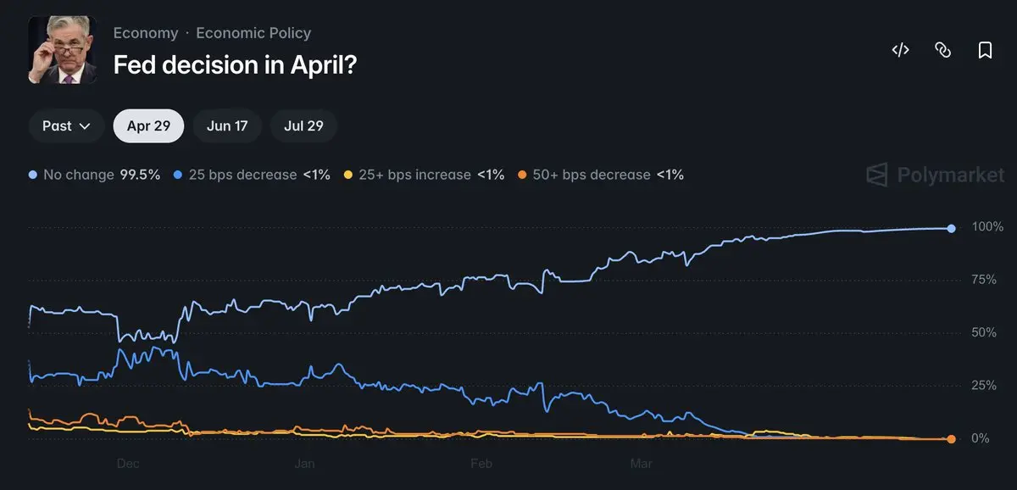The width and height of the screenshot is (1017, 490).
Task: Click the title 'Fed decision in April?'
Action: click(x=235, y=64)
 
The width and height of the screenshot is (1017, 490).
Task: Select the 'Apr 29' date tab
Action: click(x=148, y=126)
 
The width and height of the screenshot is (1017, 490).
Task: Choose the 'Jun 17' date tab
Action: click(x=227, y=126)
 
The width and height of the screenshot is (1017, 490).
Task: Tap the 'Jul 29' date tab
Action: click(x=303, y=126)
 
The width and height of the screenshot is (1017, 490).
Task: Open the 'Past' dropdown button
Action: click(x=66, y=126)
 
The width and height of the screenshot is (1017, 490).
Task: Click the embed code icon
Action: click(x=900, y=50)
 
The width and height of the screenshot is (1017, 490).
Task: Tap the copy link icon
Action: click(x=942, y=50)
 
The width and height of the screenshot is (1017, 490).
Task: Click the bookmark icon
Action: click(x=985, y=50)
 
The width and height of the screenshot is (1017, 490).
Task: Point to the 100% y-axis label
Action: click(x=987, y=227)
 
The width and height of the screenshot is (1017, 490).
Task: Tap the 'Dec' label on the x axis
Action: click(x=128, y=464)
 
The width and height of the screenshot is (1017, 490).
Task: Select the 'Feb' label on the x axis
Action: click(x=481, y=464)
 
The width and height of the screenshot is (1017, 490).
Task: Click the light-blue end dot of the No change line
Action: click(x=952, y=228)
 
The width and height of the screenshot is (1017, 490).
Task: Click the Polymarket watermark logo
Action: click(x=934, y=175)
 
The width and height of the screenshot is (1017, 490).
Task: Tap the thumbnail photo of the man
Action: click(x=63, y=50)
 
